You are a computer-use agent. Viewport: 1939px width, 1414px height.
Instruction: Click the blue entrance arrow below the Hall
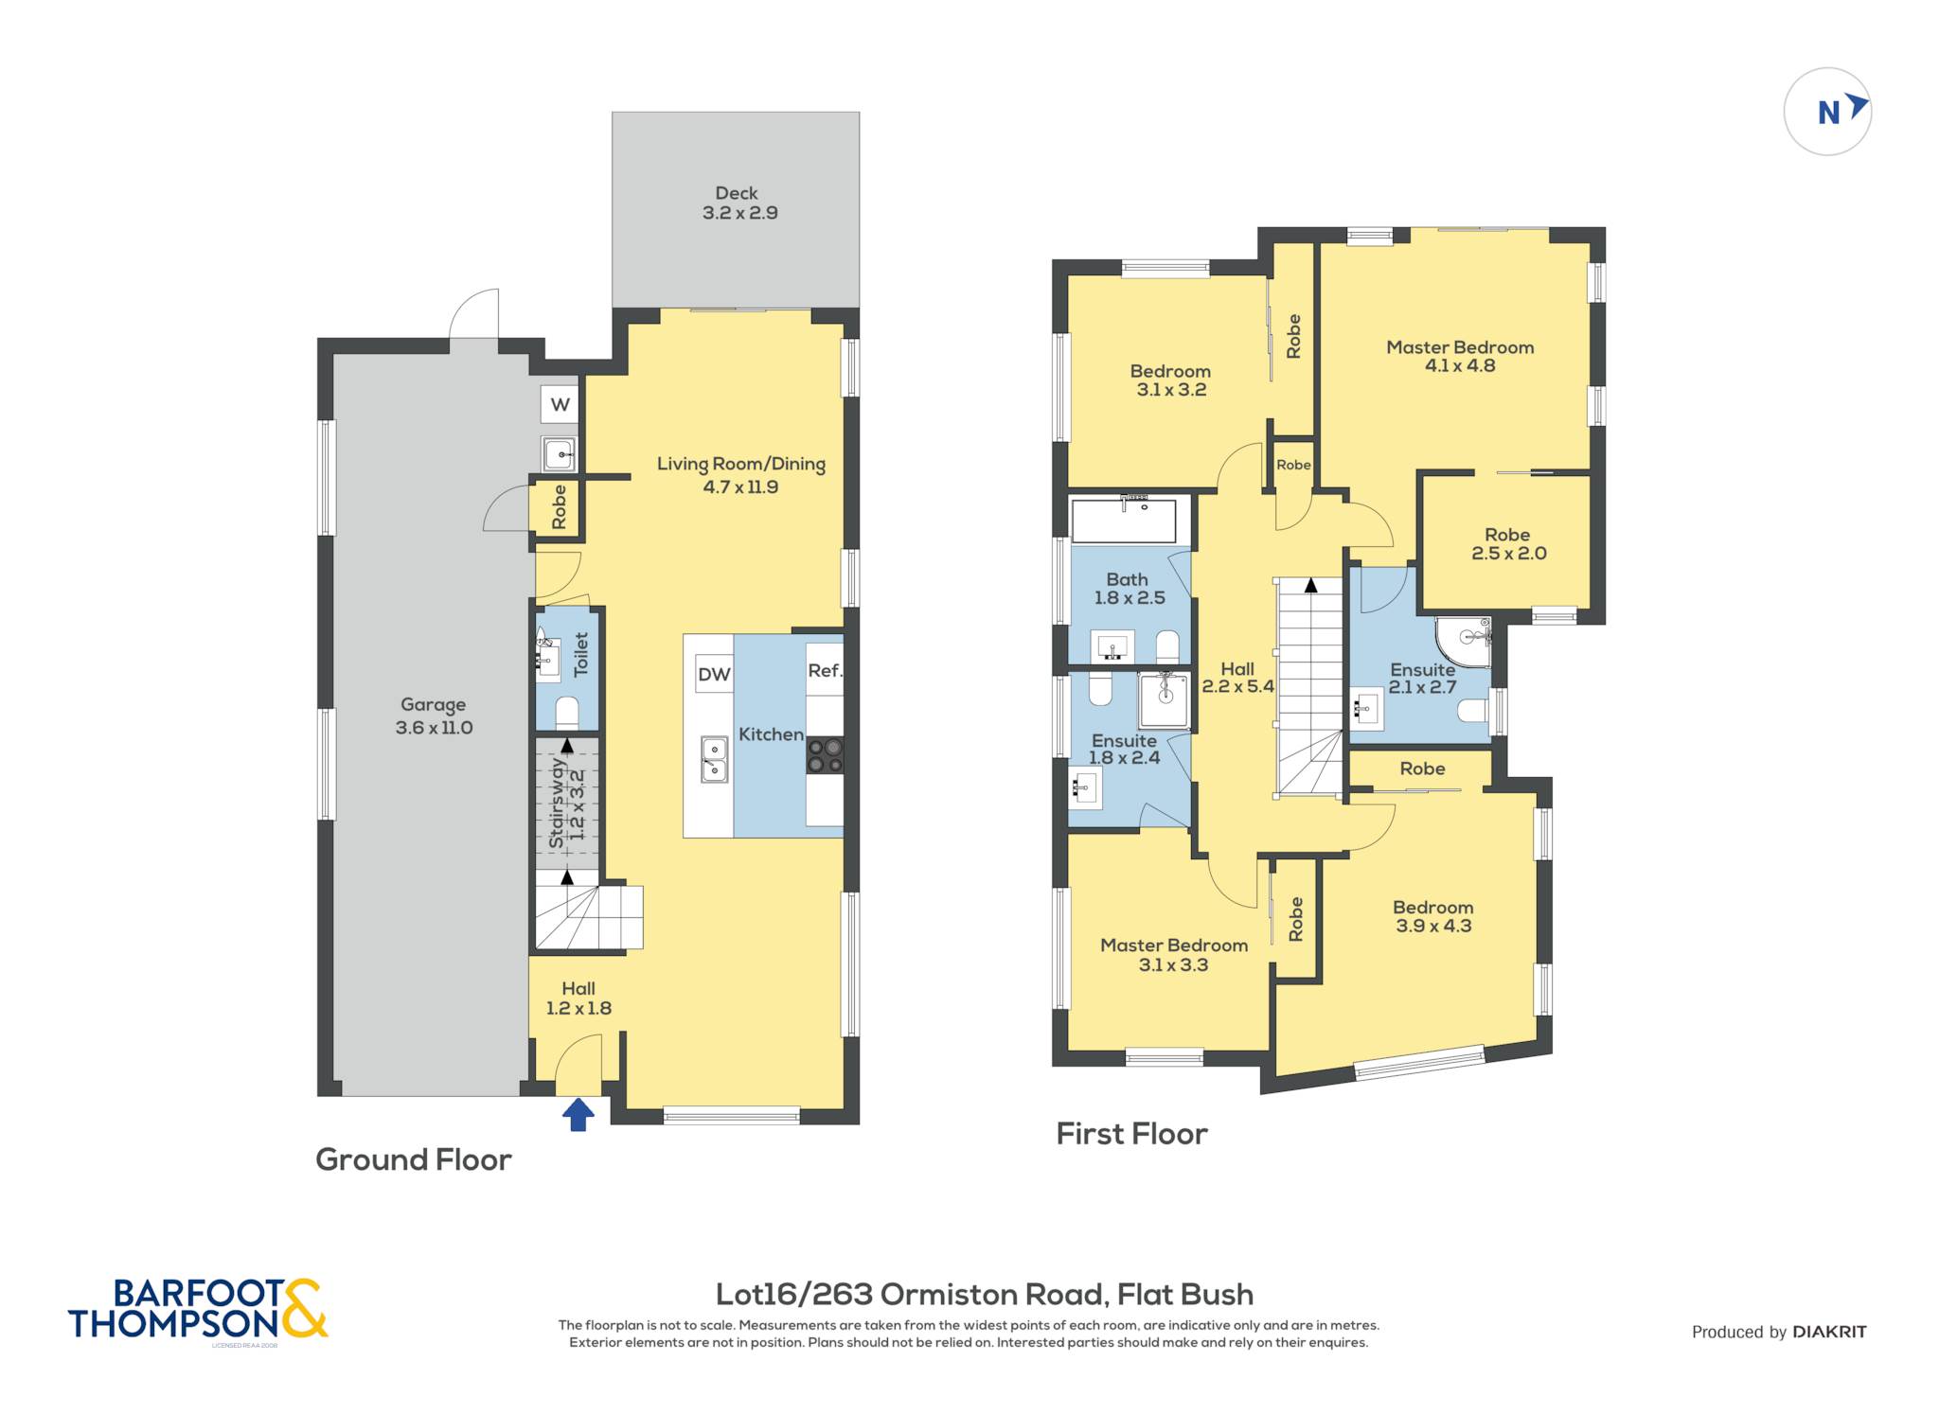pos(578,1114)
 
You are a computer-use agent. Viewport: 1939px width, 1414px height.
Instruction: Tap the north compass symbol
pos(1827,112)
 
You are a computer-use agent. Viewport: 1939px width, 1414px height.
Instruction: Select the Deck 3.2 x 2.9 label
pos(739,203)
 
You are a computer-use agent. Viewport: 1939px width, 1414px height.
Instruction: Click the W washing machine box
pos(560,405)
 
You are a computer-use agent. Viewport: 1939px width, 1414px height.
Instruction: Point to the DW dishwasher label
pos(714,674)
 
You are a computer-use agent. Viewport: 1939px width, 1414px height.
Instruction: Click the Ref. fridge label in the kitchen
pos(825,670)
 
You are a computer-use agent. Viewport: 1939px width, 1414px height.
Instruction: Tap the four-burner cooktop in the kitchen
pos(825,757)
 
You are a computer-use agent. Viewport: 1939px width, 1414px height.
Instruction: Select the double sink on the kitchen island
pos(715,760)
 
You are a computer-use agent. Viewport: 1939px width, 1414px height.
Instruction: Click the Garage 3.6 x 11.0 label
pos(434,716)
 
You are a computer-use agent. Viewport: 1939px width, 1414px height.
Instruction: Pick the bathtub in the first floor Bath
pos(1124,520)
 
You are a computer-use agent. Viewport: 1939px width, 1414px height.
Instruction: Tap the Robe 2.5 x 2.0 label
pos(1508,544)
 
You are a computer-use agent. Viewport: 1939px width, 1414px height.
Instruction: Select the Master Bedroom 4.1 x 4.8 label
pos(1460,356)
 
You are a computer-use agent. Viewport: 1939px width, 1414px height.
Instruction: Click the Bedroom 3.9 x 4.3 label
pos(1433,916)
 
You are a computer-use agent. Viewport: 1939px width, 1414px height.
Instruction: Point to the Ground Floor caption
pos(414,1159)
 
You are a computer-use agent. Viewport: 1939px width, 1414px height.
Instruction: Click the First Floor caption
pos(1132,1134)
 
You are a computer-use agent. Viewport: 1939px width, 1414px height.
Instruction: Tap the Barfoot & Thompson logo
pos(198,1310)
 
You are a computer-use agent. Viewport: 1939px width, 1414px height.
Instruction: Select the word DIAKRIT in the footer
pos(1829,1332)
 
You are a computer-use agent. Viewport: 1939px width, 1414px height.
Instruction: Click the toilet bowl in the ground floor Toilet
pos(567,712)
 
